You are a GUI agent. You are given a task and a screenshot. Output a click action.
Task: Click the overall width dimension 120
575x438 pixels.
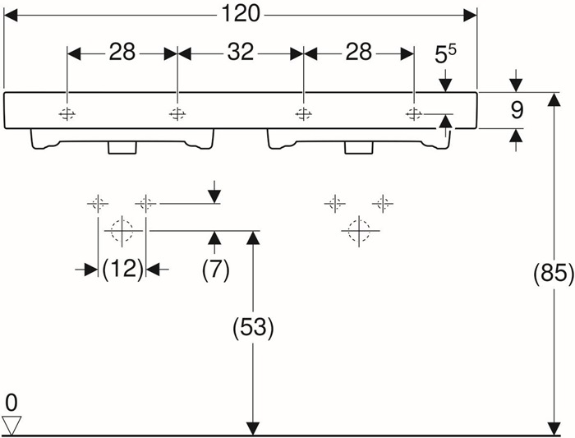point(241,15)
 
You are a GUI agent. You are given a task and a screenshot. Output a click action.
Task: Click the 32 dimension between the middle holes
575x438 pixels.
point(241,52)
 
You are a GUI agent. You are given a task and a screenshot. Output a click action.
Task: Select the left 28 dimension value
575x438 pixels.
point(122,52)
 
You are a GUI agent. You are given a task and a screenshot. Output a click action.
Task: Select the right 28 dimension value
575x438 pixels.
point(358,52)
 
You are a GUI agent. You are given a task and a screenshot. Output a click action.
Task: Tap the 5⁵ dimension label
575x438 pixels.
point(445,54)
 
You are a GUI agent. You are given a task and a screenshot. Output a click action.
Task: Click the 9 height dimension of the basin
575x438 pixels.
point(517,110)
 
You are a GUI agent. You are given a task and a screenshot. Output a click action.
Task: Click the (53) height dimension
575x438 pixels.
point(253,327)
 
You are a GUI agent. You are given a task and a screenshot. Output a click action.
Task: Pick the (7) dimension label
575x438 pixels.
point(215,270)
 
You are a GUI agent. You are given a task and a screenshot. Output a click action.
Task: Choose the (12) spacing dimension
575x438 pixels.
point(122,270)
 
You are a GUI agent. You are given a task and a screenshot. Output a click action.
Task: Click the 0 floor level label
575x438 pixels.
point(11,403)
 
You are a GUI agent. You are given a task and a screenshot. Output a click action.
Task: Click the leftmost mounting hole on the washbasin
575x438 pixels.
point(67,114)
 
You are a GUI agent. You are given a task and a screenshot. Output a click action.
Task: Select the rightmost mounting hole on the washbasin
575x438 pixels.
point(414,114)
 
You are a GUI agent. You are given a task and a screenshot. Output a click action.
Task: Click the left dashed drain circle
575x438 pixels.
point(122,231)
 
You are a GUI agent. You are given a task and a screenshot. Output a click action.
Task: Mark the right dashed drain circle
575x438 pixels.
point(359,231)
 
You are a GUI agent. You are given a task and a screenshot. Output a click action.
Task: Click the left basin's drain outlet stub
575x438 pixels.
point(122,147)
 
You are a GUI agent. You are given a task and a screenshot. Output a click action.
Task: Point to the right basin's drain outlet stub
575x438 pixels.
point(359,147)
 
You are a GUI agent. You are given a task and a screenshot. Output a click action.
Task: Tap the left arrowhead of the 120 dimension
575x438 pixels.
point(10,16)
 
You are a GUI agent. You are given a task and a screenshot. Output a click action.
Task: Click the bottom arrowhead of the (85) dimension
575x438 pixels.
point(554,428)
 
